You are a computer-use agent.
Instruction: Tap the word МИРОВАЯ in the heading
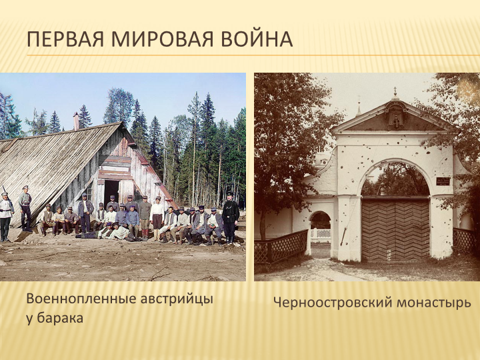coord(162,39)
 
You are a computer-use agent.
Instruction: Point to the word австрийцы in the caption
coord(177,299)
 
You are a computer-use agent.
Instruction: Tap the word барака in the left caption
coord(60,318)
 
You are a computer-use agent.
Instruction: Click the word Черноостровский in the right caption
coord(333,303)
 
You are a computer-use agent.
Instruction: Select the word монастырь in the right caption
coord(434,303)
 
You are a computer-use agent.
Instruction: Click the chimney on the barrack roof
coord(76,121)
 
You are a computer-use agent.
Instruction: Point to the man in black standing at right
coord(230,218)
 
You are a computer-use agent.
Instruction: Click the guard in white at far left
coord(5,217)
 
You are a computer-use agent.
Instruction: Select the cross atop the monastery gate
coord(395,91)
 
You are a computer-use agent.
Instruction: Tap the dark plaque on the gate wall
coord(443,181)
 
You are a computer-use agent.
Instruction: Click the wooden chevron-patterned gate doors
coord(395,229)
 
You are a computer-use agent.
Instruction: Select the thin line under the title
coord(253,55)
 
